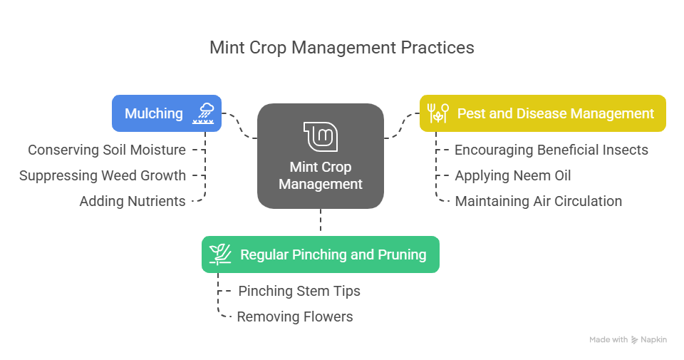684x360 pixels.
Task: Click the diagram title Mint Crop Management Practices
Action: pos(341,48)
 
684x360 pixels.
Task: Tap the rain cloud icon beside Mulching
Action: pos(205,113)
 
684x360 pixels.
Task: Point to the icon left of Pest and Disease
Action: pos(437,113)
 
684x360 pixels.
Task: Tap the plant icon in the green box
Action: pos(220,254)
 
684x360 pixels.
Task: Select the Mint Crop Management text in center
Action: pos(320,175)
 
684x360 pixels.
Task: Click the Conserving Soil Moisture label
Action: pos(107,150)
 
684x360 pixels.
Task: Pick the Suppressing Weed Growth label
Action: pos(103,175)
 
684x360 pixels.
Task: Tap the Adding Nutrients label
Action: pos(133,201)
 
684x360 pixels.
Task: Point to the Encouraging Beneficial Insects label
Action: pos(551,150)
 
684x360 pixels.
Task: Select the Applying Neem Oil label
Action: pos(513,175)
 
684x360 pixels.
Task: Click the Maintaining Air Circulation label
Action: pos(539,201)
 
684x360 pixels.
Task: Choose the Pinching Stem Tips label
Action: pos(299,291)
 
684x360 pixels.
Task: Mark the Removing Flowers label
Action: pos(295,317)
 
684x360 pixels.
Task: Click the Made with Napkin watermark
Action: pos(628,340)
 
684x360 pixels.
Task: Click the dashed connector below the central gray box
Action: pos(321,222)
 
